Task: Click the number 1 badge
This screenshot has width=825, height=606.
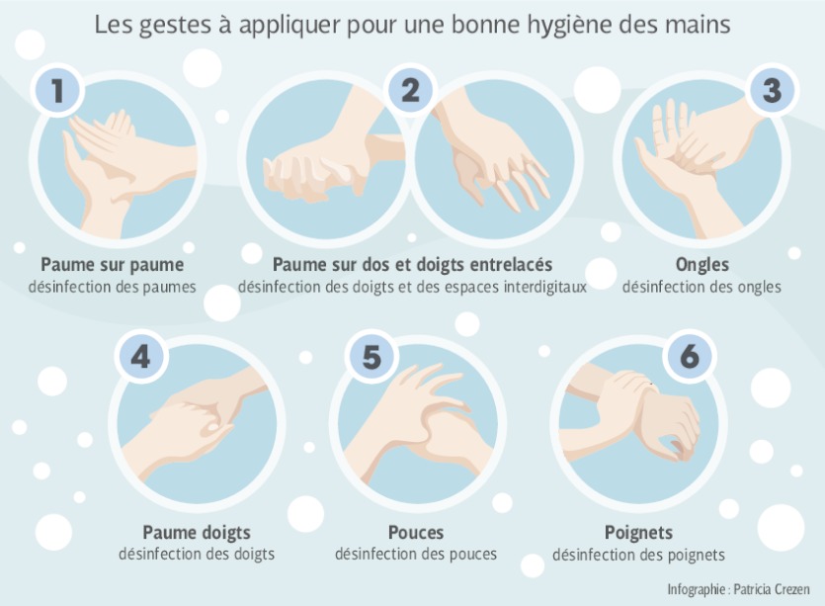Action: pos(58,90)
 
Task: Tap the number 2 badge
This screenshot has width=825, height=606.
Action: pos(410,90)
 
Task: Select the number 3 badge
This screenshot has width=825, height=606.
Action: pos(772,90)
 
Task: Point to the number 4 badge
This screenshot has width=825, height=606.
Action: pos(140,357)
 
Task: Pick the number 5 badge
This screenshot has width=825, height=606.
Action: pos(371,357)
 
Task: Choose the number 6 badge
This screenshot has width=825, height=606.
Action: pos(690,357)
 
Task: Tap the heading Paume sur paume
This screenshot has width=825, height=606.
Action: pos(113,264)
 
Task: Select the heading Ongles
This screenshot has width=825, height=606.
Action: pos(702,264)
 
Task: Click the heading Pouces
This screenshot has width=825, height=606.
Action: pos(416,532)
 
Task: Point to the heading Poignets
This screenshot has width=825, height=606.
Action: pos(638,532)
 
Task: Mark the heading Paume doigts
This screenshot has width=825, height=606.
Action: pos(197,532)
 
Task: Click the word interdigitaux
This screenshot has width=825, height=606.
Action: pos(545,288)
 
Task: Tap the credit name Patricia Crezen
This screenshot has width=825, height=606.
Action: pos(772,589)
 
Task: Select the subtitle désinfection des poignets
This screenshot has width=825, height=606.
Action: pos(638,555)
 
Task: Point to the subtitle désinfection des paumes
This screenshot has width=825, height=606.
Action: pos(112,288)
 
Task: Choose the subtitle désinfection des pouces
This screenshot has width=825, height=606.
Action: pos(416,555)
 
